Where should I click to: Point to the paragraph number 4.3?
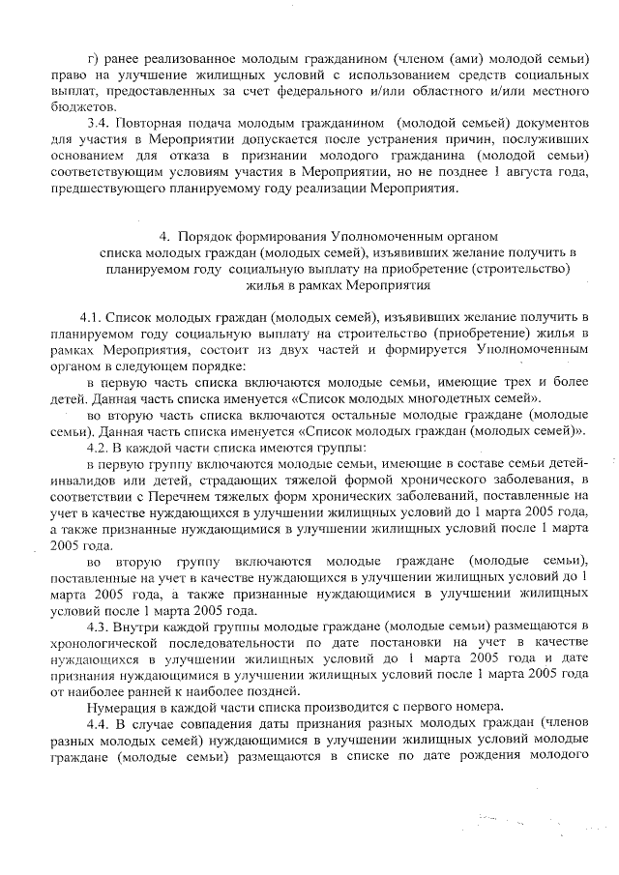tap(100, 627)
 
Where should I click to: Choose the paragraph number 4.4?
tap(100, 723)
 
